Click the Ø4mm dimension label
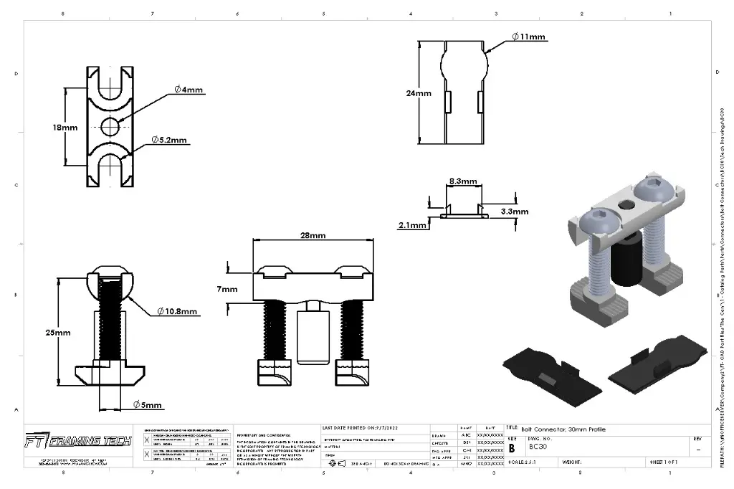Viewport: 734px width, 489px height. (x=188, y=90)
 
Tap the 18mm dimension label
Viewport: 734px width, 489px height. (x=65, y=128)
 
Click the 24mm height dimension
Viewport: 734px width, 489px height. (x=418, y=93)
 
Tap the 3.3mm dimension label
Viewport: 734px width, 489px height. (x=514, y=212)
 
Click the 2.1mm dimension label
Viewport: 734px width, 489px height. (x=412, y=225)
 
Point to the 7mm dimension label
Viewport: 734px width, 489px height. (x=227, y=289)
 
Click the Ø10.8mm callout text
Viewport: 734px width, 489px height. (x=177, y=312)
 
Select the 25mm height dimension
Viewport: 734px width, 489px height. (x=57, y=333)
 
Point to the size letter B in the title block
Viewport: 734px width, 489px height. (x=512, y=447)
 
